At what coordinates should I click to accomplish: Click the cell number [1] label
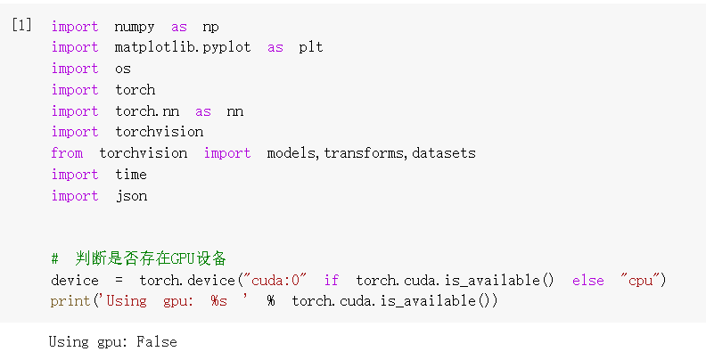(21, 26)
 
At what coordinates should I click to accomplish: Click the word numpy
(135, 27)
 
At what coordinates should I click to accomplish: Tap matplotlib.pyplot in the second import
(183, 47)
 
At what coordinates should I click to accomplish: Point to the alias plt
(311, 47)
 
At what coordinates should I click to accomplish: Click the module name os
(123, 69)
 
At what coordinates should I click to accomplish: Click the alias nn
(234, 111)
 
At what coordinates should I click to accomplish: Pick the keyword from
(67, 153)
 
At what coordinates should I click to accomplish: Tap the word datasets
(443, 153)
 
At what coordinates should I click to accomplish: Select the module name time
(131, 175)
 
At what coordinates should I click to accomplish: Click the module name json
(131, 196)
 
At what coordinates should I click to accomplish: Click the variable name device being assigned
(75, 281)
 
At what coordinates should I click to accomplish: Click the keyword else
(587, 281)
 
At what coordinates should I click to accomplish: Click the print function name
(70, 301)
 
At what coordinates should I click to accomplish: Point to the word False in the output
(156, 342)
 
